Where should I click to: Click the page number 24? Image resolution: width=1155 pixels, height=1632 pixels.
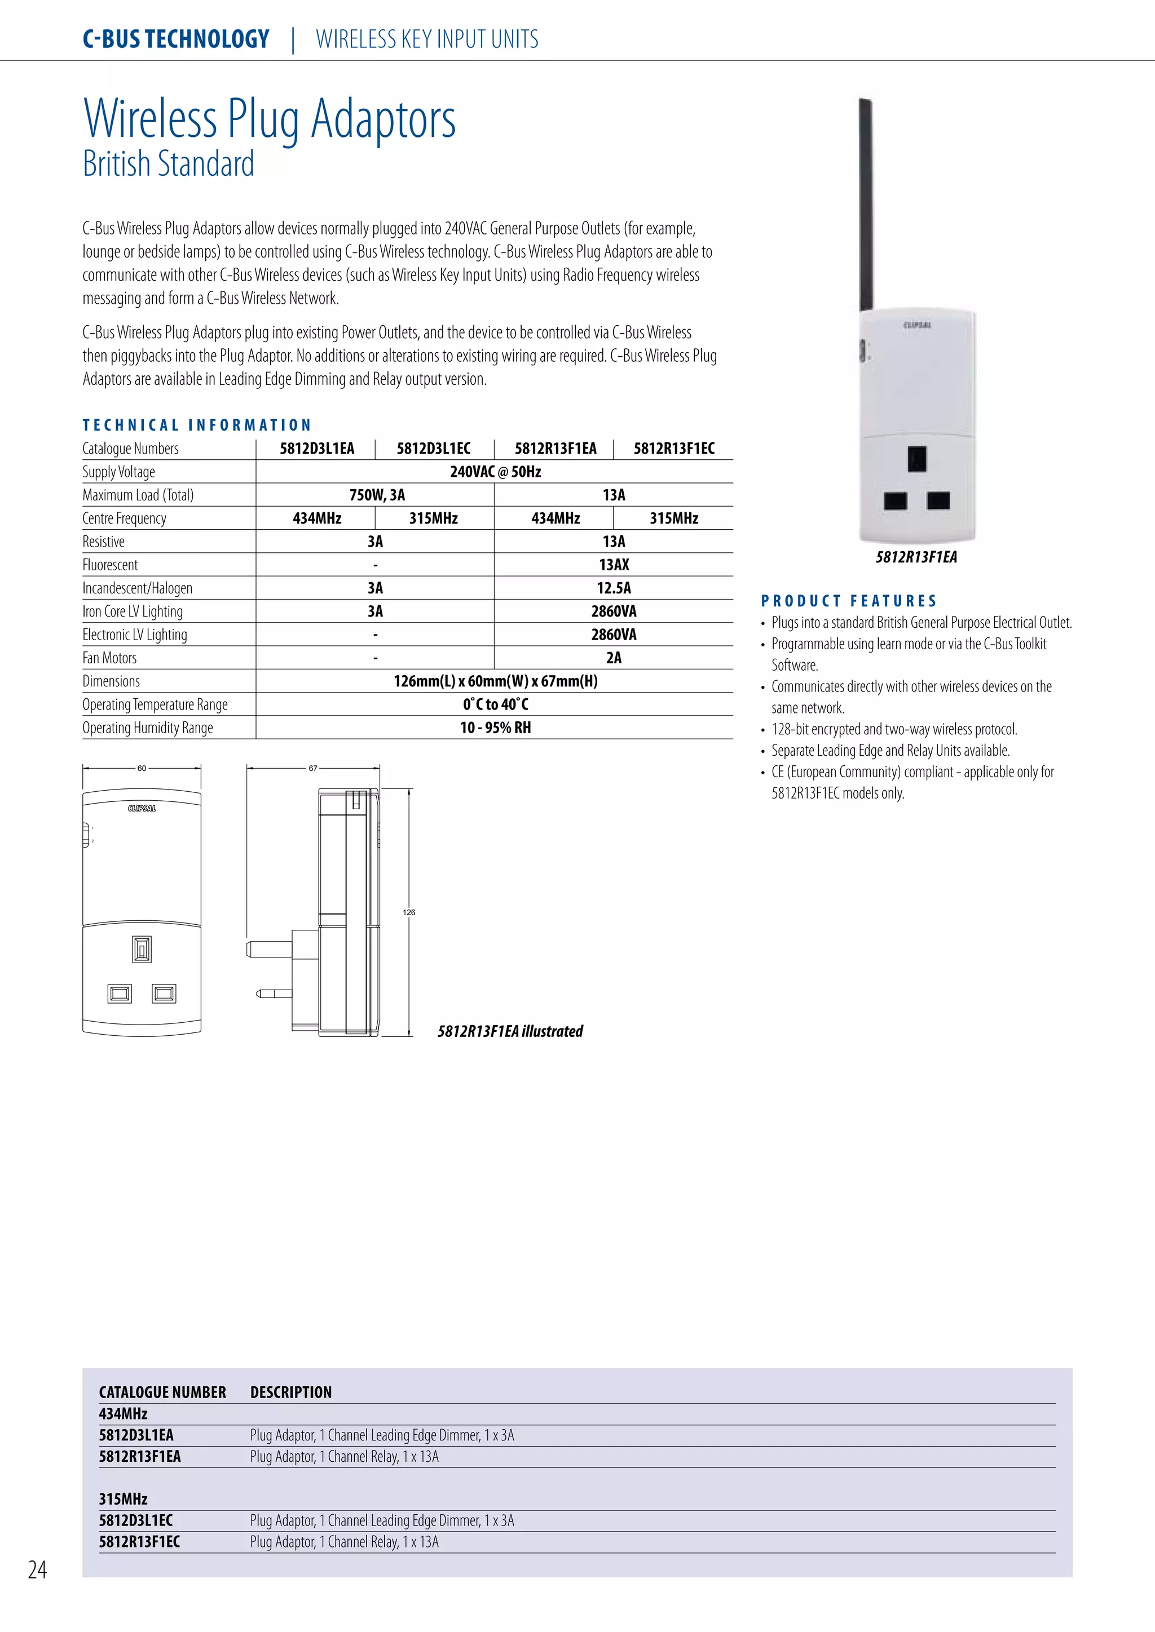pos(37,1569)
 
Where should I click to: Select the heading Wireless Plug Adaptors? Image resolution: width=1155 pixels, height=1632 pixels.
pos(270,119)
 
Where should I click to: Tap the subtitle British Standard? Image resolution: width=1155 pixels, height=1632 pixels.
pos(169,164)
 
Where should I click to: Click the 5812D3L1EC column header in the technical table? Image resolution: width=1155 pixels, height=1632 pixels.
pos(433,449)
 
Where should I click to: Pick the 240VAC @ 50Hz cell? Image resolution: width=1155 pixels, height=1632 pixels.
pos(495,472)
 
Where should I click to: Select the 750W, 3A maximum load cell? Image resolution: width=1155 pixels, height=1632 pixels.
pos(376,495)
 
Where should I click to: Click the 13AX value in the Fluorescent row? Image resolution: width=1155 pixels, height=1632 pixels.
pos(613,565)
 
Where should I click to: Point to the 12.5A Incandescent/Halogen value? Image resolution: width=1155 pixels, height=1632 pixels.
pos(613,588)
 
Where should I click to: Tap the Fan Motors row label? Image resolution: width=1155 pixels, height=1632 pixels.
pos(109,658)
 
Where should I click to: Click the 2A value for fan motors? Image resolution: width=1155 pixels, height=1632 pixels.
pos(613,658)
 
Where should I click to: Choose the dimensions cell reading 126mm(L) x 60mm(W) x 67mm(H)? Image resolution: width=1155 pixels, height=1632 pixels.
pos(495,682)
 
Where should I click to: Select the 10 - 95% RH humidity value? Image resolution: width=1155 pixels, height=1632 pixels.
pos(495,728)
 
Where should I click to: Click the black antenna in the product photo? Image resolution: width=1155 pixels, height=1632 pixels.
pos(866,206)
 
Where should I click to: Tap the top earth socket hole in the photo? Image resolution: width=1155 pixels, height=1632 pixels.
pos(917,459)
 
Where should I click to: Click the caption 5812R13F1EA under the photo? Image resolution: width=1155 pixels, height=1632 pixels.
pos(916,557)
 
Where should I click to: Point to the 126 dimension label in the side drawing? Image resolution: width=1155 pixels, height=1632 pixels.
pos(409,912)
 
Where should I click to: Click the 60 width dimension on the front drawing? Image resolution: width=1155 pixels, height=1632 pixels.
pos(142,768)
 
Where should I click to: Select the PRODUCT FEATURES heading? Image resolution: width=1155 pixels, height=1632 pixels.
pos(848,601)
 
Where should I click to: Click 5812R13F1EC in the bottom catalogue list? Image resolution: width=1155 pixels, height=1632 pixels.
pos(139,1542)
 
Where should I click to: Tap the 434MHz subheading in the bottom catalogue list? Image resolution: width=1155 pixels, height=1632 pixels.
pos(123,1414)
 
